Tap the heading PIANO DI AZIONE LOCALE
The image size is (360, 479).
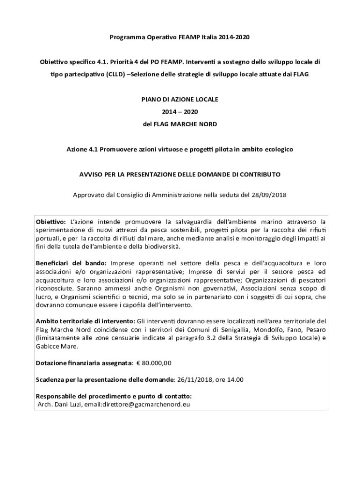click(180, 100)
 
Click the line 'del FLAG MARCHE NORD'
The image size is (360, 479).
click(180, 124)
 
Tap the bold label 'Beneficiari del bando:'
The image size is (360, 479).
click(72, 263)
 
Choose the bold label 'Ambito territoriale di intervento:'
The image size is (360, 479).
click(86, 321)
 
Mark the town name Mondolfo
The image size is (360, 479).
click(279, 330)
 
